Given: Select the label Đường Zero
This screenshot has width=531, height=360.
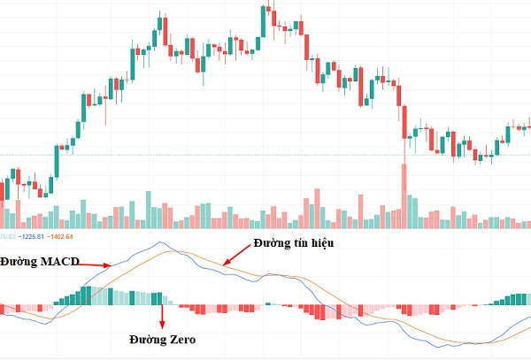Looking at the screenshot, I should [x=162, y=340].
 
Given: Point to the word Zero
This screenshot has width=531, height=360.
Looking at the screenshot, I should [x=180, y=340].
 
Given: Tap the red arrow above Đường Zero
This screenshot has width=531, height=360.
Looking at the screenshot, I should [x=161, y=314].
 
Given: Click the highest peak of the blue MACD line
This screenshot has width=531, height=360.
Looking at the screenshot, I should [x=160, y=242].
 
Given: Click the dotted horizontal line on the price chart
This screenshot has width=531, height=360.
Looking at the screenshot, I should [x=265, y=156].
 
